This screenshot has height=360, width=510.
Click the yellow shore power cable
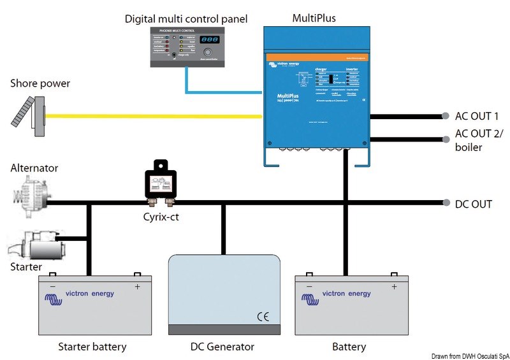[x=153, y=116]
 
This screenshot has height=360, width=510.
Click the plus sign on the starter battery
[x=137, y=287]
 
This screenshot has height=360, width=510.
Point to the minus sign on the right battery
[x=309, y=287]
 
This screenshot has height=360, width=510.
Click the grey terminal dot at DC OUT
[x=445, y=204]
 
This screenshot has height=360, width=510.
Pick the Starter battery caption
[x=92, y=347]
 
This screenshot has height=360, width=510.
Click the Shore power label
[x=40, y=83]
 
